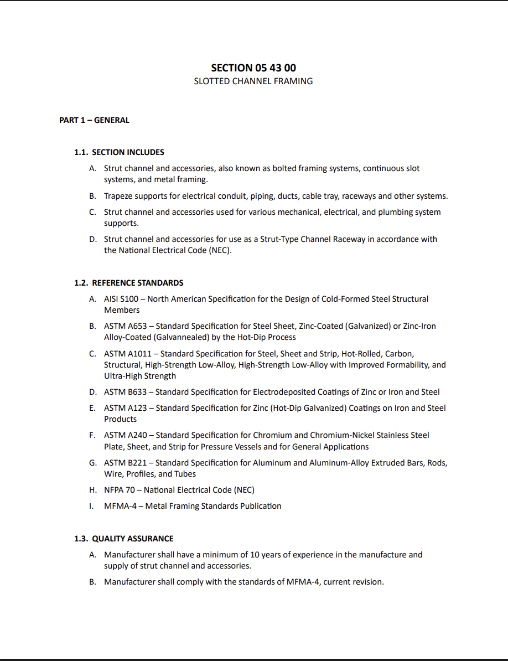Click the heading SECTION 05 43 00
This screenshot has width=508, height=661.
[x=253, y=68]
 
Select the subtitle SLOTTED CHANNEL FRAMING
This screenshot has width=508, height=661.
[x=253, y=81]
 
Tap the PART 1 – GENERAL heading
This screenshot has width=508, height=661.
[x=94, y=120]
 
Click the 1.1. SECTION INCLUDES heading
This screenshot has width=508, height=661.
[x=119, y=152]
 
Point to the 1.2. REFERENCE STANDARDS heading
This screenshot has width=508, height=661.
[x=129, y=283]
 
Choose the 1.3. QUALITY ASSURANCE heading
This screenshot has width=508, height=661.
[x=124, y=539]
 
